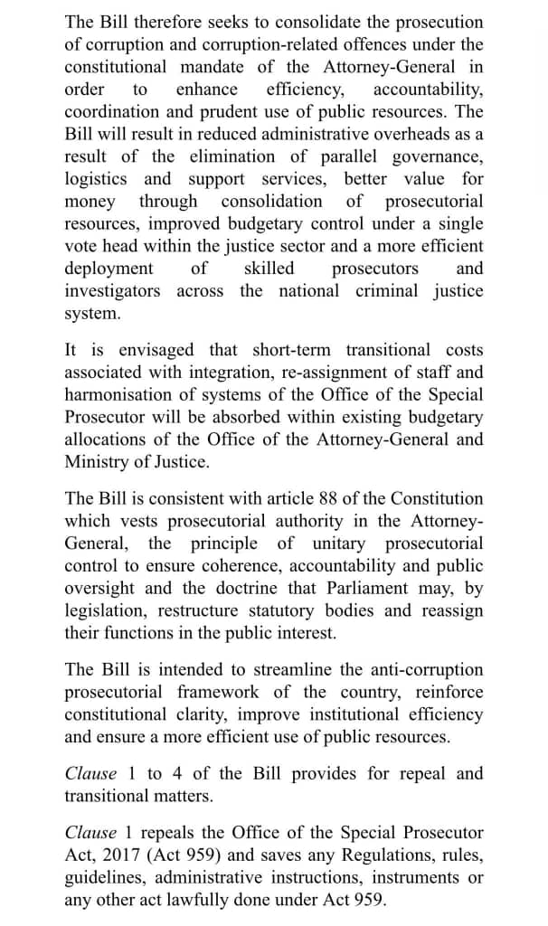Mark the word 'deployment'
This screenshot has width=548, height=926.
(x=109, y=269)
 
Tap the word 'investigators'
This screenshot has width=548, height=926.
(x=112, y=291)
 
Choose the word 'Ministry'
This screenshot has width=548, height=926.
(x=98, y=462)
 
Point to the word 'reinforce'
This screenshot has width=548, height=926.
(x=449, y=693)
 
